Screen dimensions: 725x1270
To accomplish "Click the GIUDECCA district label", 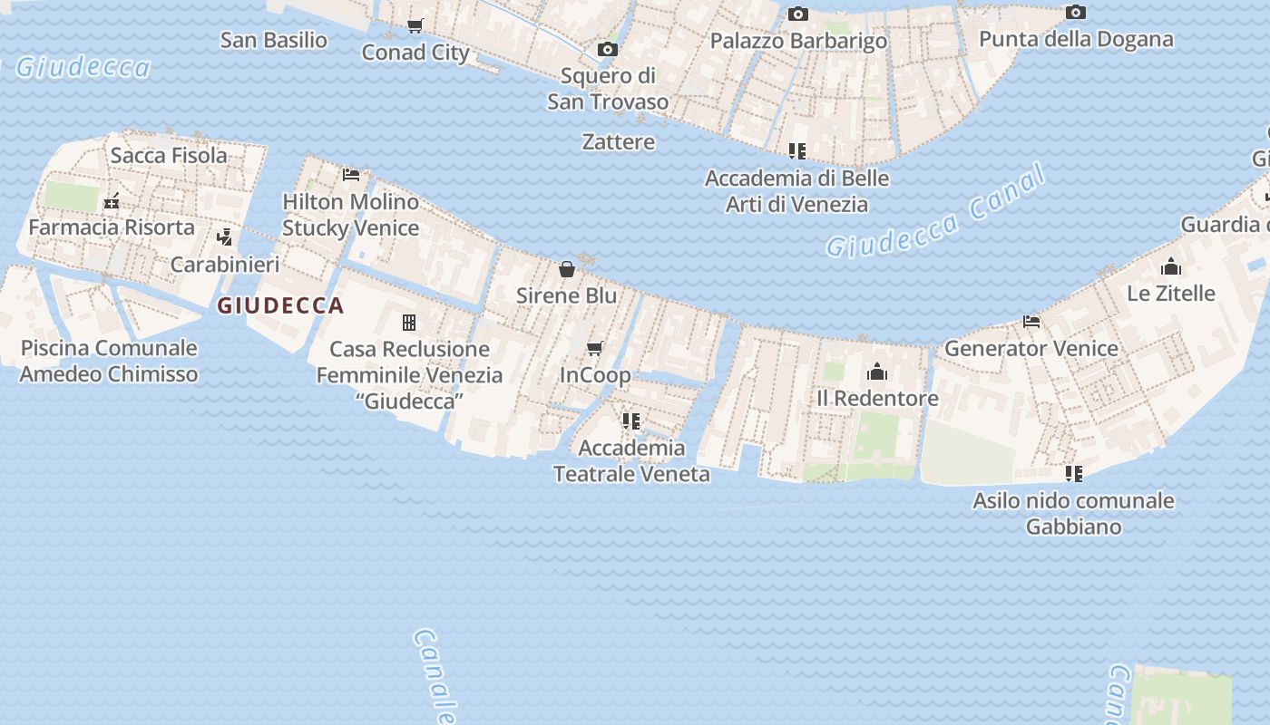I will [x=280, y=305].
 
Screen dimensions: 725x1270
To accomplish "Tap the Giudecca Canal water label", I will [x=936, y=215].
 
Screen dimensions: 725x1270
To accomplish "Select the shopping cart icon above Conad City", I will [x=415, y=25].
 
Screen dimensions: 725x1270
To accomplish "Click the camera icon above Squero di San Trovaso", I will [x=608, y=49].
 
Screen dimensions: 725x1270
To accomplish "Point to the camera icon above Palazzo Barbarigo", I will [x=798, y=14].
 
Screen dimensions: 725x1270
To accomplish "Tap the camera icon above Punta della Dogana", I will [x=1076, y=12].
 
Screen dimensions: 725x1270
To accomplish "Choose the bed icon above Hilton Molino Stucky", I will [x=351, y=174].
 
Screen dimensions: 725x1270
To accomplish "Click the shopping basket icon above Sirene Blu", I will [x=567, y=269].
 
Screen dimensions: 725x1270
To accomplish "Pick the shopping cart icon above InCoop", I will [x=595, y=348].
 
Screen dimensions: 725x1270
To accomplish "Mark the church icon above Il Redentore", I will [x=877, y=372].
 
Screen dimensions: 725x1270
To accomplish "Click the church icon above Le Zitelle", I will [x=1171, y=266].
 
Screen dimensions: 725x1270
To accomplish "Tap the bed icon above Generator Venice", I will [x=1031, y=321].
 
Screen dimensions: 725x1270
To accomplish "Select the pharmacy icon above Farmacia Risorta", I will [x=112, y=201].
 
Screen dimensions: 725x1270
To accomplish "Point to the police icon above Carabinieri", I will [x=225, y=237].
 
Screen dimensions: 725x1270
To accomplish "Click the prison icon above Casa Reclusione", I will [x=409, y=322].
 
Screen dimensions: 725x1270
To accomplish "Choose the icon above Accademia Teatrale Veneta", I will [x=631, y=420].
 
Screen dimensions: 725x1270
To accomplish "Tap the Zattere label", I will [x=618, y=141].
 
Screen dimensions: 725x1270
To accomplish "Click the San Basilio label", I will [x=273, y=40].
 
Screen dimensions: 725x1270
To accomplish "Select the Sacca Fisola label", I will [x=169, y=155].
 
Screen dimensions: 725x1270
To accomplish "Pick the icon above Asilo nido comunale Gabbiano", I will [x=1074, y=473].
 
